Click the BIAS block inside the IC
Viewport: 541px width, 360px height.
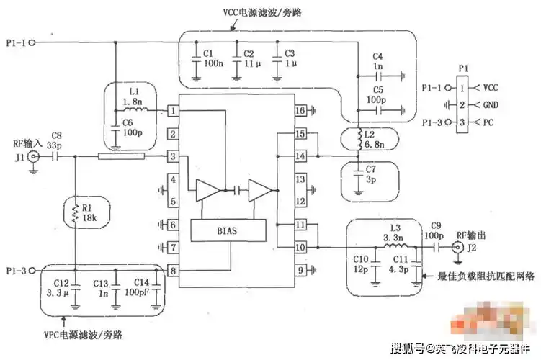pos(225,231)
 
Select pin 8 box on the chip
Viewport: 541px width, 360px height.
pos(174,271)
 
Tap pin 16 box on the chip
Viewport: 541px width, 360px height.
pos(300,111)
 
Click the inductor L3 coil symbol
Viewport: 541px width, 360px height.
pos(393,246)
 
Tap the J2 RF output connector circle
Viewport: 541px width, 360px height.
pos(457,248)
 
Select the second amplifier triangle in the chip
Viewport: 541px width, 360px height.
pos(259,190)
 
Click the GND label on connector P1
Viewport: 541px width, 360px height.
pos(490,104)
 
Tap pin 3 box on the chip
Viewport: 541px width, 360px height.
pos(174,156)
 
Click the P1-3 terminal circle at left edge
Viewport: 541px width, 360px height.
pos(32,271)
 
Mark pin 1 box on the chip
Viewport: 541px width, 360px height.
pos(174,111)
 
